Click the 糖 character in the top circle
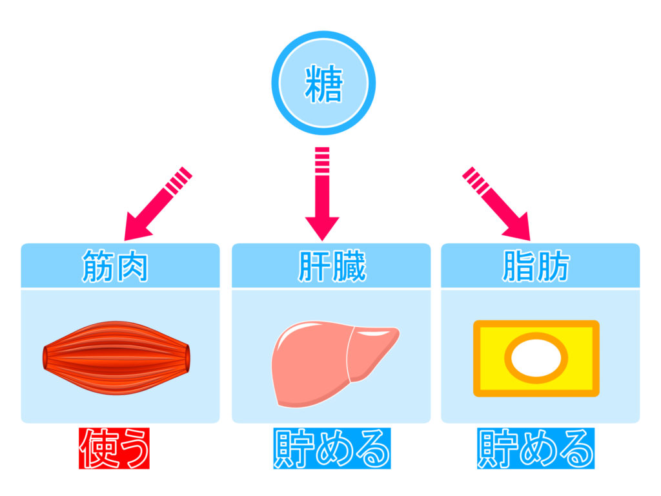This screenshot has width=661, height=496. pos(323,84)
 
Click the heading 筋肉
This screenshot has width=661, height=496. pos(116,265)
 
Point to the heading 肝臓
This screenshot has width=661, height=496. pos(331,265)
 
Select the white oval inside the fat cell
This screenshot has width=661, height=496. pos(536,358)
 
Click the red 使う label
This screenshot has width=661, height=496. pos(114,448)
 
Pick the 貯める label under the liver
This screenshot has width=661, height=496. pos(331,448)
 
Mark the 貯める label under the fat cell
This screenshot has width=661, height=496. pos(536,448)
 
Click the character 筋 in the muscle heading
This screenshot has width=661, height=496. pos(98,265)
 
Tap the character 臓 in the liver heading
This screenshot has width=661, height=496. pos(349,265)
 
